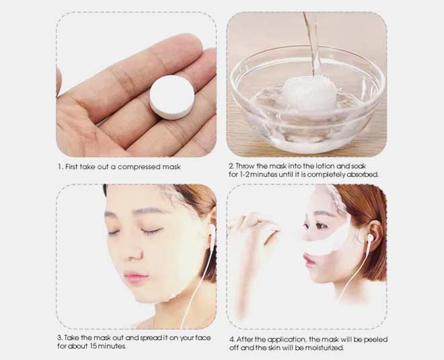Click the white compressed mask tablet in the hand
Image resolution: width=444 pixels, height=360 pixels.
pos(173,98)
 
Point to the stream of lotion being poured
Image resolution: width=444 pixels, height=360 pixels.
pos(311,40)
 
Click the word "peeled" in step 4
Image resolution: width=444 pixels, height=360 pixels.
pos(374,338)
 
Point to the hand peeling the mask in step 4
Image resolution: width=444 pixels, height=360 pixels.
pos(254,232)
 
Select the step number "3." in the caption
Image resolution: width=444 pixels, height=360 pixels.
pos(59,338)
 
